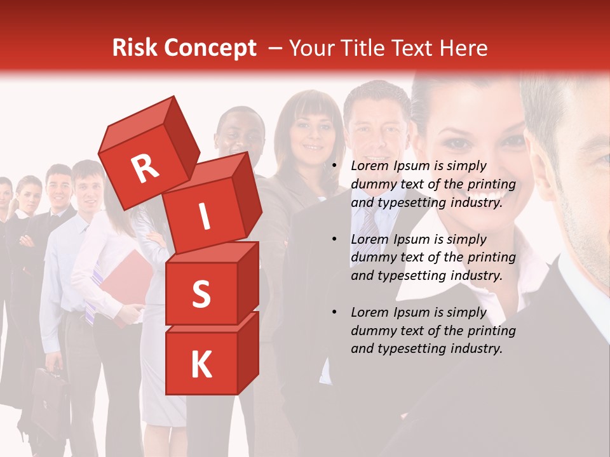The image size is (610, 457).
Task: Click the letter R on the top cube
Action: tap(146, 168)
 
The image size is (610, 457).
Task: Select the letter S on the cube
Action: tap(201, 295)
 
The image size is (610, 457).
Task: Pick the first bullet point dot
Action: tap(334, 166)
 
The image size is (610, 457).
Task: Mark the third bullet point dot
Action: tap(334, 313)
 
